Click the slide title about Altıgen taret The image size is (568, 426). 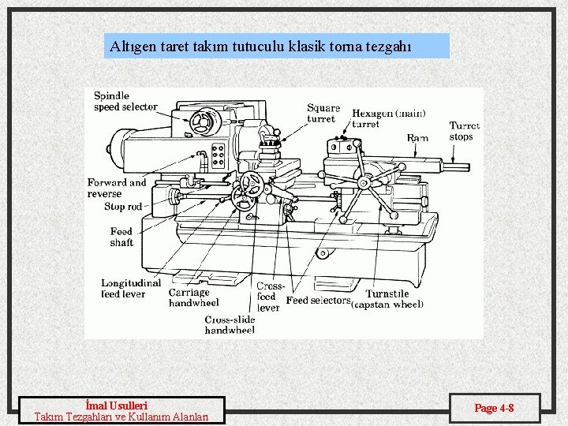260,46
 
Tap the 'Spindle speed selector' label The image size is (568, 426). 125,101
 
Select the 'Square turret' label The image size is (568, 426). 323,113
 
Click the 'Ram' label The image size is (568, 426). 417,137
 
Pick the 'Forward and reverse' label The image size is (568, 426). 117,188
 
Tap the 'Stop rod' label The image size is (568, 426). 123,207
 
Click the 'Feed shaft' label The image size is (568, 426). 121,237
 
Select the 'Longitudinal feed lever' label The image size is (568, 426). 130,288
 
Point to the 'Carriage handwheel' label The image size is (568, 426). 193,297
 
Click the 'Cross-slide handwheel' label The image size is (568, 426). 230,324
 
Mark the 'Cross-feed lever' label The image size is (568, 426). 269,297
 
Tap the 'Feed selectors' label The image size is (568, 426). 318,301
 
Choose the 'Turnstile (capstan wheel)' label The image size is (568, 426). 388,299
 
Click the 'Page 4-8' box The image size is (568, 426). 495,408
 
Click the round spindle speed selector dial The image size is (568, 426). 203,121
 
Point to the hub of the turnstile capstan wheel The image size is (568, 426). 363,183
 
